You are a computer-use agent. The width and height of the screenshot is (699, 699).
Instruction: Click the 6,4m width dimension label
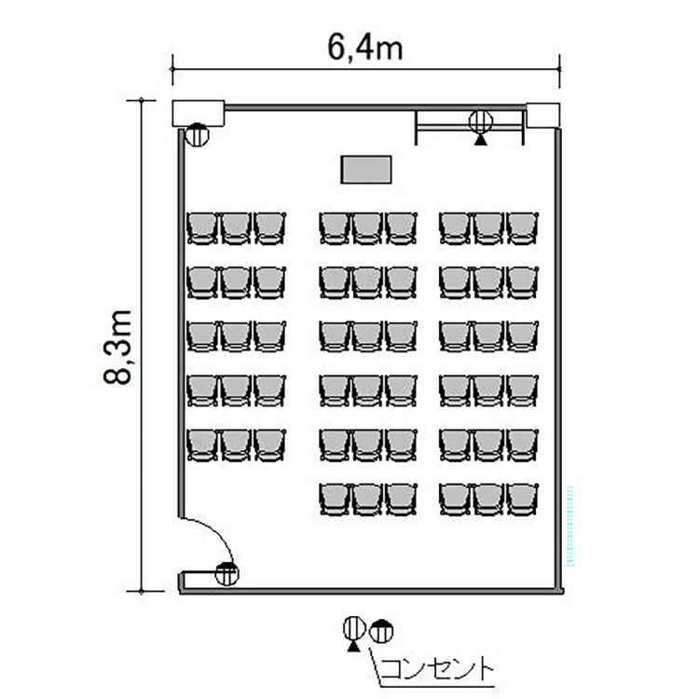pyautogui.click(x=365, y=48)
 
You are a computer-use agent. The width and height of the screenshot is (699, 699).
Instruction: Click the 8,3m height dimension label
pyautogui.click(x=117, y=347)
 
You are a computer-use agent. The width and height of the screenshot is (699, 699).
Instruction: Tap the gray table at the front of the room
pyautogui.click(x=366, y=170)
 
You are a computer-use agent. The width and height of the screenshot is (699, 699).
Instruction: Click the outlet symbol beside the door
pyautogui.click(x=226, y=574)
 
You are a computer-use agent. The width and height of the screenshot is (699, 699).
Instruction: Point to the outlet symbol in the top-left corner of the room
pyautogui.click(x=197, y=134)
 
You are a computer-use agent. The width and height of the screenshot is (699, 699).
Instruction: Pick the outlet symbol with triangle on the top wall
pyautogui.click(x=481, y=126)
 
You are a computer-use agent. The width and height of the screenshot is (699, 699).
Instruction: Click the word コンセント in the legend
pyautogui.click(x=437, y=668)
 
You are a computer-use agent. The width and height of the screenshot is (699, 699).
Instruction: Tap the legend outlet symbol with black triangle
pyautogui.click(x=354, y=634)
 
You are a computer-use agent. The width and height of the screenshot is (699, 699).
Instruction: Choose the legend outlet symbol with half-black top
pyautogui.click(x=382, y=631)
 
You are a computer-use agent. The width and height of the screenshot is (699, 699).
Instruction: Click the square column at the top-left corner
pyautogui.click(x=198, y=113)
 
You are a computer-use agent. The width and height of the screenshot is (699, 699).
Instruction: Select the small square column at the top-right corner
pyautogui.click(x=543, y=116)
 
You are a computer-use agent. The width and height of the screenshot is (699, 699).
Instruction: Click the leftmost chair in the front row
pyautogui.click(x=202, y=228)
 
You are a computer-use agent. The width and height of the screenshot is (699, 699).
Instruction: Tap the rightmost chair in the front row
pyautogui.click(x=523, y=228)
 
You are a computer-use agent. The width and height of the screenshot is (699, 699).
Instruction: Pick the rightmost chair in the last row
pyautogui.click(x=523, y=500)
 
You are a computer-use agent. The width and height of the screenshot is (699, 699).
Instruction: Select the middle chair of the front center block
pyautogui.click(x=368, y=228)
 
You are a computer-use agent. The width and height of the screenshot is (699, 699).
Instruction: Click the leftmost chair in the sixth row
pyautogui.click(x=335, y=500)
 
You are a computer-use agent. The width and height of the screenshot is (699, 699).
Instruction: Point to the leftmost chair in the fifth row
pyautogui.click(x=202, y=445)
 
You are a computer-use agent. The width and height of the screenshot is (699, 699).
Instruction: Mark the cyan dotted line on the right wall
pyautogui.click(x=569, y=526)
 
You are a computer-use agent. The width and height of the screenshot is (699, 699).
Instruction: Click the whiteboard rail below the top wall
pyautogui.click(x=470, y=128)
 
